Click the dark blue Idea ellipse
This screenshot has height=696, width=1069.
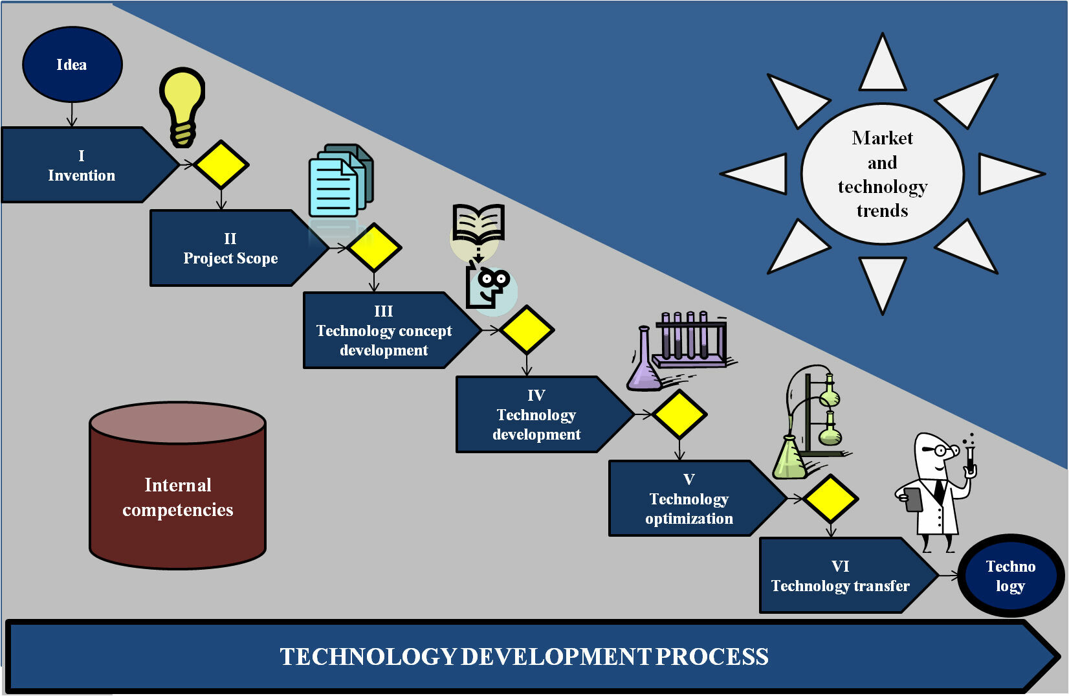72,65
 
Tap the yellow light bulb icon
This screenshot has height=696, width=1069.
182,107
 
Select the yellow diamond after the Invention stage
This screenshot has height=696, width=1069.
221,164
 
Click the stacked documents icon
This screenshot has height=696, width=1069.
341,180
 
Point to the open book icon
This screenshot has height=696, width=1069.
478,223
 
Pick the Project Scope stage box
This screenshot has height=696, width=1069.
239,248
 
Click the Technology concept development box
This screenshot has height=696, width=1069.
392,330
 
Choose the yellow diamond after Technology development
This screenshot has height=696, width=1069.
679,414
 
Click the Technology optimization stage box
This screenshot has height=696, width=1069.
697,499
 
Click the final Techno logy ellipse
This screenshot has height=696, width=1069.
1011,576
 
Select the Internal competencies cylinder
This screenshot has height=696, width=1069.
177,486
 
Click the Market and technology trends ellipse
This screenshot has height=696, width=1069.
883,174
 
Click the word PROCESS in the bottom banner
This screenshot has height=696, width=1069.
712,657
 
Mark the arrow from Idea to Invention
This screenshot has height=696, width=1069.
72,115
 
